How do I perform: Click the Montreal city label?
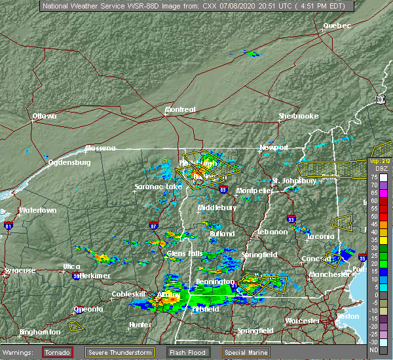click(180, 110)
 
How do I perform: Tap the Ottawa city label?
click(45, 117)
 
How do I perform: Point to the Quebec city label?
click(337, 26)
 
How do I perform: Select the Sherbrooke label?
click(298, 117)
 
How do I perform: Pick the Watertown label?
click(37, 211)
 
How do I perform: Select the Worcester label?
click(302, 321)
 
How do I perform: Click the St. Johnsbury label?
click(295, 181)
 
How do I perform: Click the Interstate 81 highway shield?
click(9, 226)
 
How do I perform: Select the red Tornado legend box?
click(58, 352)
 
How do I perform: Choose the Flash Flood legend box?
click(191, 352)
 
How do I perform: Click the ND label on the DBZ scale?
click(373, 350)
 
